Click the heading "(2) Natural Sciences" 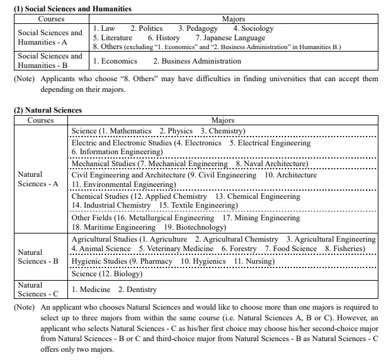pos(48,110)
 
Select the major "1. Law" pos(104,28)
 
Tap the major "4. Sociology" pos(253,28)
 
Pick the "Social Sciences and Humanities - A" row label pos(50,37)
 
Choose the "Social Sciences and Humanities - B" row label pos(50,60)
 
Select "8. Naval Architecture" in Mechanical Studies pos(271,164)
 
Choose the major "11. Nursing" pos(251,261)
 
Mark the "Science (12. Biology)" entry pos(106,274)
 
